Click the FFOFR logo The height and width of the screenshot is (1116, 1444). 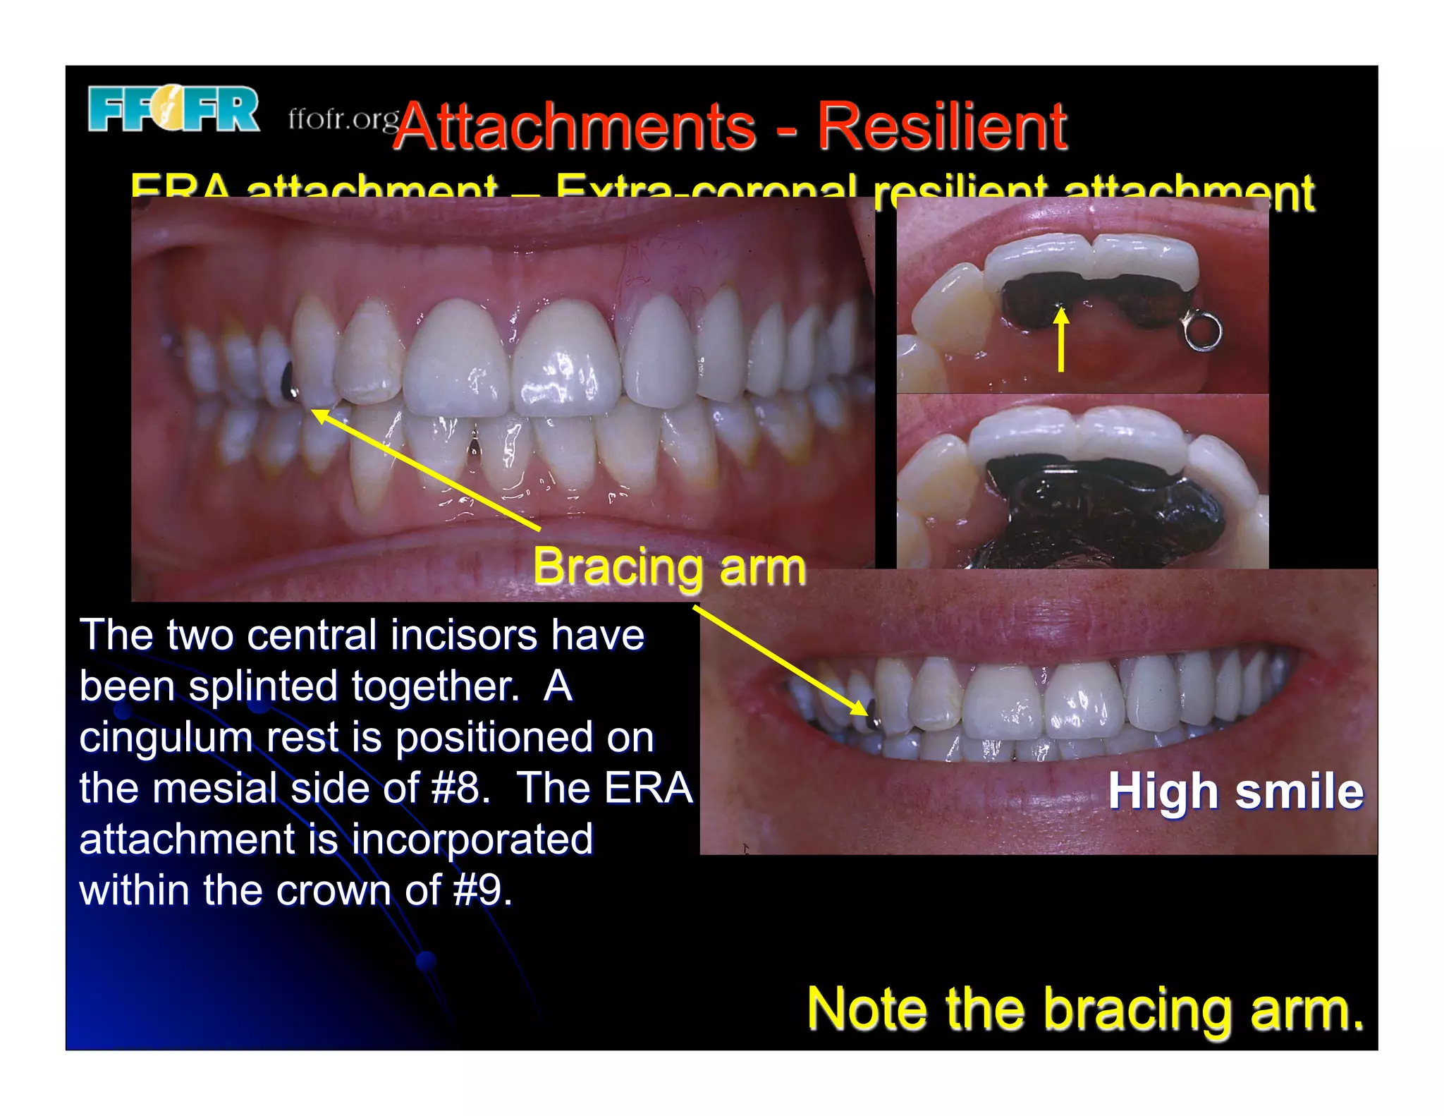click(x=173, y=109)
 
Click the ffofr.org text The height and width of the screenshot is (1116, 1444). click(x=343, y=119)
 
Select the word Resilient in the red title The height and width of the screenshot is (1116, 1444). click(x=941, y=127)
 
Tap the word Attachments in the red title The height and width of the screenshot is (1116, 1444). click(x=574, y=127)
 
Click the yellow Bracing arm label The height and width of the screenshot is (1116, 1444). click(x=668, y=567)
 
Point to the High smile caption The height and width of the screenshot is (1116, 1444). click(x=1235, y=791)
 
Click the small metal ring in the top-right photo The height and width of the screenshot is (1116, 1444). click(x=1203, y=332)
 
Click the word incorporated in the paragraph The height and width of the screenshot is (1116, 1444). click(x=472, y=839)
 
